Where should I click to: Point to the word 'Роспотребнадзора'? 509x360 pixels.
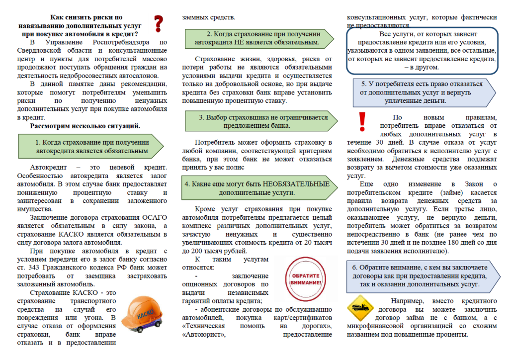[x=125, y=42]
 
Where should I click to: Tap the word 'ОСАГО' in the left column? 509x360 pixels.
[x=153, y=218]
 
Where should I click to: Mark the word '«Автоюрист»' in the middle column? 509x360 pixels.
[x=204, y=334]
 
